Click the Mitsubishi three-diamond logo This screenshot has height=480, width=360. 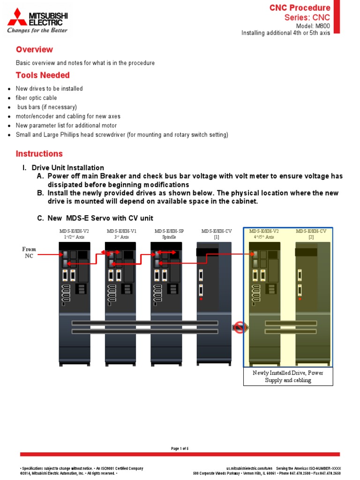coord(17,17)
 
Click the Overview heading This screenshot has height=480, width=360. coord(34,50)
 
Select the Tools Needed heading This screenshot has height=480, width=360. coord(43,75)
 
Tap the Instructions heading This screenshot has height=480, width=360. coord(39,154)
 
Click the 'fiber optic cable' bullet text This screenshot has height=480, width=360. coord(36,98)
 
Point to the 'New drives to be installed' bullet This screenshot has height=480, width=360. coord(49,89)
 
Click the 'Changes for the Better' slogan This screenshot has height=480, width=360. coord(37,30)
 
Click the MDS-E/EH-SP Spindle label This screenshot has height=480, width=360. coord(169,234)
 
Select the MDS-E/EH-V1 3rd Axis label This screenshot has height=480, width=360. coord(121,234)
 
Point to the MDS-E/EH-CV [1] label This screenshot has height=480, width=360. coord(217,234)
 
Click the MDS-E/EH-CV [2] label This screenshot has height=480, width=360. coord(311,234)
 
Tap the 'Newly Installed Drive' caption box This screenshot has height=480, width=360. coord(288,376)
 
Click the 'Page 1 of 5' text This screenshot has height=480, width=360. coord(180,449)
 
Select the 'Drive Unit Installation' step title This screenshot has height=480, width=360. coord(67,168)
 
